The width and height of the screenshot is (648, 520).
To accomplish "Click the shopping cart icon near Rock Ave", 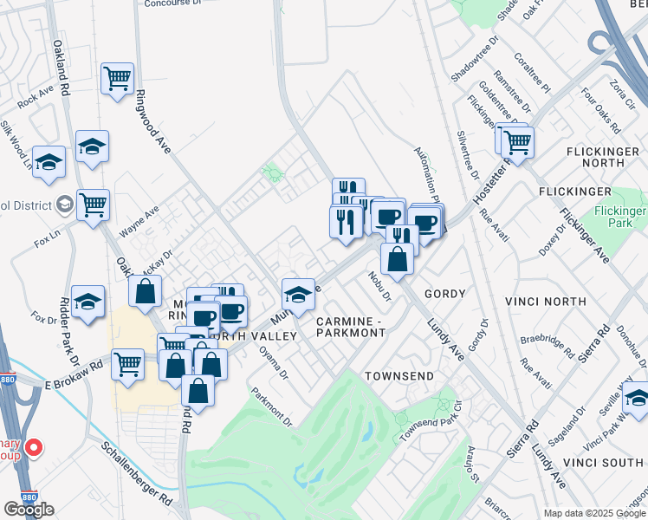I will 117,80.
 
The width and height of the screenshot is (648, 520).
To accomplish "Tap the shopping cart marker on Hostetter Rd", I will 517,141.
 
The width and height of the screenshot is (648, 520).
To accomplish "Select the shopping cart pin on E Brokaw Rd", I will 127,363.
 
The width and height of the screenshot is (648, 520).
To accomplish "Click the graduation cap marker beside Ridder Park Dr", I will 87,302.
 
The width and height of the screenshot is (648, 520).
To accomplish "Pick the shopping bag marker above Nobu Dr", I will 397,259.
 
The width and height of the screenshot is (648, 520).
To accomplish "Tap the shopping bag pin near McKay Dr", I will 145,292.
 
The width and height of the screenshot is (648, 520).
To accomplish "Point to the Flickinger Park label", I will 620,218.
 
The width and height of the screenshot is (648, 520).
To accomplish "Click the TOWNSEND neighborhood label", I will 398,376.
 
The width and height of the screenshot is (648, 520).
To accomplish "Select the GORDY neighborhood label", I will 445,294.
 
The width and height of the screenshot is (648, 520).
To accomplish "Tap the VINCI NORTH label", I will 546,302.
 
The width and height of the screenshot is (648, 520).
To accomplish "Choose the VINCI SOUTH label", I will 612,463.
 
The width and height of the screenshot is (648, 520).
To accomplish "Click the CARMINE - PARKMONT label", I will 350,327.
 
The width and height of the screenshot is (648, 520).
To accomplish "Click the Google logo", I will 29,509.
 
